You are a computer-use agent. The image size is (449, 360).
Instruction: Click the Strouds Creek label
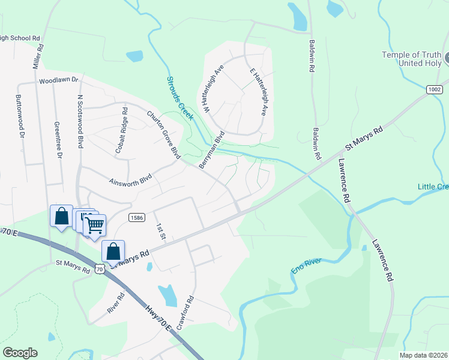click(179, 98)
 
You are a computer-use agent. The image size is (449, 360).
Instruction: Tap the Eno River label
click(306, 266)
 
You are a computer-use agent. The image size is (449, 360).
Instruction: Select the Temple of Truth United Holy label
click(412, 59)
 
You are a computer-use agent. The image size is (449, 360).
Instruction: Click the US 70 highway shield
click(100, 269)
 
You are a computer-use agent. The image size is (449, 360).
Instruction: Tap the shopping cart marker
click(94, 225)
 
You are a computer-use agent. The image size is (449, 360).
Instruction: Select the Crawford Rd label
click(190, 307)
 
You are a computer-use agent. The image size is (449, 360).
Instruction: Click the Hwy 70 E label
click(158, 317)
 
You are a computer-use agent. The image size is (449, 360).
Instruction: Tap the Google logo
click(20, 353)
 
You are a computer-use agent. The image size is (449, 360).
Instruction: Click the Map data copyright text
click(423, 355)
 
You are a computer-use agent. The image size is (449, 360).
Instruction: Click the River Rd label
click(116, 303)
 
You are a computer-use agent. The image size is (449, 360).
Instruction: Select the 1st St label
click(160, 232)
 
